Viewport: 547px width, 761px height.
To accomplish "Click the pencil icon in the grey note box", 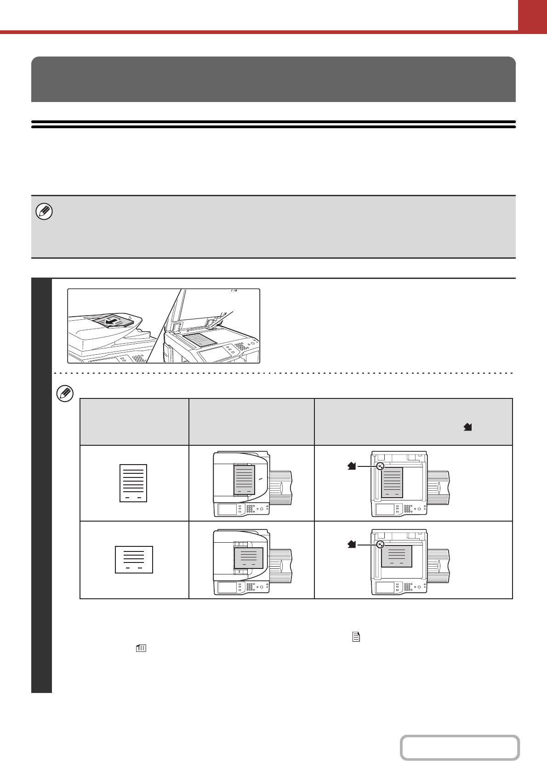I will coord(44,212).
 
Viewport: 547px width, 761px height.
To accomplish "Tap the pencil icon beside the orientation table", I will coord(65,394).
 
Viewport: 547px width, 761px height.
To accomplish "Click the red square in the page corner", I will coord(532,15).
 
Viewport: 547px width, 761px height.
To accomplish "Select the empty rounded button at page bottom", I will coord(460,748).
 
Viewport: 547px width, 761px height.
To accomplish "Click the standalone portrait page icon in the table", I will coord(133,483).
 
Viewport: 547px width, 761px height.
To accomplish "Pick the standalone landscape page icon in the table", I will coord(134,560).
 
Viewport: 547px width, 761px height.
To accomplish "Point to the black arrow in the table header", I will coord(468,427).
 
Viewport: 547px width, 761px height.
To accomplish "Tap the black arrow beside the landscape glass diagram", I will coord(352,545).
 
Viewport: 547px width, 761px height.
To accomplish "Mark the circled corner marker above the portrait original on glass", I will coord(380,466).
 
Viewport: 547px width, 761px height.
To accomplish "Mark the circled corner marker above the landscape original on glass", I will coord(380,545).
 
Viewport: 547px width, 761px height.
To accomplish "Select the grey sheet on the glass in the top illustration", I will coord(199,340).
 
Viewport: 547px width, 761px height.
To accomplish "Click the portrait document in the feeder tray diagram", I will coord(244,480).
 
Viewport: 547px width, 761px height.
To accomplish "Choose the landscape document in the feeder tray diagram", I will coord(249,558).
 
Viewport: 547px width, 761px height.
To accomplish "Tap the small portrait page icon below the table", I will coord(356,636).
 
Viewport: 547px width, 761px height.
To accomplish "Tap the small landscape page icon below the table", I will coord(141,648).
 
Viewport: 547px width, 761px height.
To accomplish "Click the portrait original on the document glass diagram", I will coord(392,483).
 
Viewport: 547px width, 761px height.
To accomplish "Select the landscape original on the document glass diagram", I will coord(397,557).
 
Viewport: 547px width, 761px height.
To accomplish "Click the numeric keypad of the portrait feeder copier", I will coord(251,509).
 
